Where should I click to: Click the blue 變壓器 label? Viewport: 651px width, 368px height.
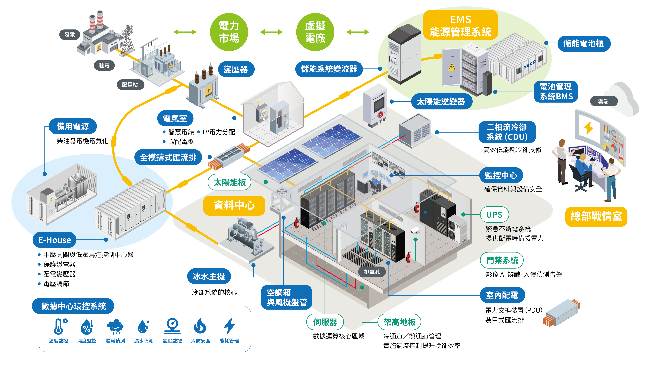click(x=235, y=69)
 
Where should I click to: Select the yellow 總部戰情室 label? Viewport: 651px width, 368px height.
click(x=596, y=216)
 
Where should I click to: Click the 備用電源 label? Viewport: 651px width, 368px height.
click(x=73, y=126)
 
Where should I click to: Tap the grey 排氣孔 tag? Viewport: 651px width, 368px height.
click(x=372, y=272)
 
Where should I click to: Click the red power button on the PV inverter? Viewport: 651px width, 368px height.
click(x=381, y=115)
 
